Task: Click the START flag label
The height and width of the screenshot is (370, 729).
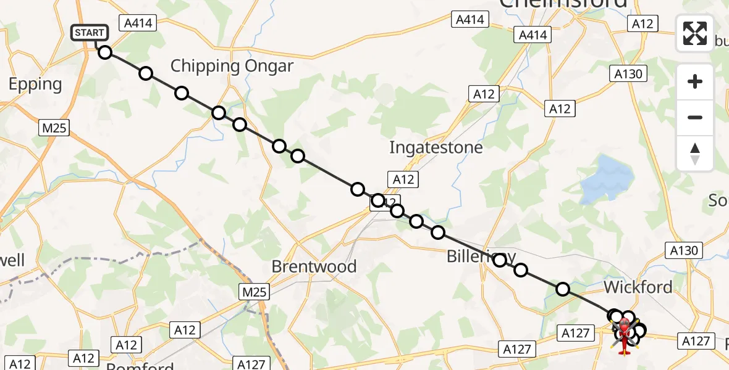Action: coord(91,32)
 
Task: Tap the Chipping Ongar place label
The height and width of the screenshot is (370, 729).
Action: coord(232,66)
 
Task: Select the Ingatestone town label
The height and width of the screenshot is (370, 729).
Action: coord(436,148)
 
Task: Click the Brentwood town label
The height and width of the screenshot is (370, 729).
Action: coord(314,266)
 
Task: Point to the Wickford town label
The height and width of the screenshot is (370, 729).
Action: coord(638,287)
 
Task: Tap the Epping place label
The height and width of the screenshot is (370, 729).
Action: coord(35,84)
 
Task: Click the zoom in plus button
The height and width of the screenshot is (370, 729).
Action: coord(695,81)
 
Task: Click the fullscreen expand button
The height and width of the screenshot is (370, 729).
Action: coord(695,33)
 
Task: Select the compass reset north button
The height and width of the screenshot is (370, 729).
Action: coord(695,154)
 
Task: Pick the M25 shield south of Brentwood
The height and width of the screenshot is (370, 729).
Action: coord(254,292)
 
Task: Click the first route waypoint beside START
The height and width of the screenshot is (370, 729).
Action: coord(105,52)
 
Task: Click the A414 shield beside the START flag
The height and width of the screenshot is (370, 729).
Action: coord(139,23)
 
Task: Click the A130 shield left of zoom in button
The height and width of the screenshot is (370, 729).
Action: coord(630,75)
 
